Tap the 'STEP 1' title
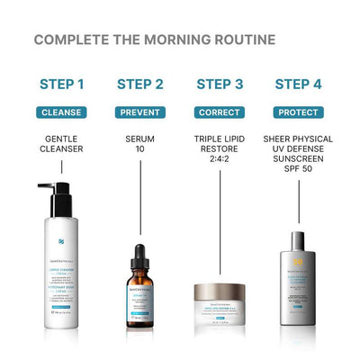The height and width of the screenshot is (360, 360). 62,85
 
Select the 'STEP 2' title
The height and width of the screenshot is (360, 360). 140,85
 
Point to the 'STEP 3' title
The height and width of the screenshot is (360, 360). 220,85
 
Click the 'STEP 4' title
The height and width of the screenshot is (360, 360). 298,85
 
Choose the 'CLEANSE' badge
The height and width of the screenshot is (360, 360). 62,112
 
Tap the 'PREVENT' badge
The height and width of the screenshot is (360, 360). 140,112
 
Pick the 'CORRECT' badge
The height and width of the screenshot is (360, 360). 220,112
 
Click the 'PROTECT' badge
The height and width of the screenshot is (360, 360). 298,112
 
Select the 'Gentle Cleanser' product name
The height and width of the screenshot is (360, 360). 62,145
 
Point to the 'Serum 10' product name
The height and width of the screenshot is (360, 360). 140,145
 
